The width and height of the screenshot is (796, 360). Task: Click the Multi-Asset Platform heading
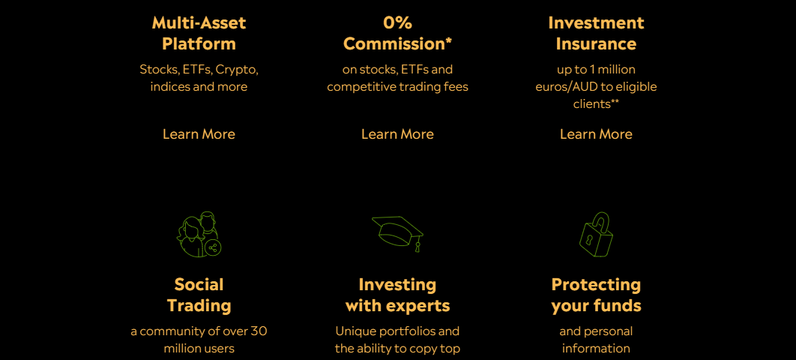tap(199, 33)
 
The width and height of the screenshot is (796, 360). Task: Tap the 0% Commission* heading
tap(397, 33)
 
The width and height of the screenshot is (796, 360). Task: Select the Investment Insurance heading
tap(596, 33)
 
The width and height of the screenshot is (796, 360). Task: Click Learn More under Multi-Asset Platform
tap(199, 134)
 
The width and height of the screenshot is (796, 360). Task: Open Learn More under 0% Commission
tap(397, 134)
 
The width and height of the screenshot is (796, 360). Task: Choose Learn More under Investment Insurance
tap(596, 134)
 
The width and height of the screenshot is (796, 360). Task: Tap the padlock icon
tap(596, 235)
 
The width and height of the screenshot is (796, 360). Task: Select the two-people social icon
tap(199, 234)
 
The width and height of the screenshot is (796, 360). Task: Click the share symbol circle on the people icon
tap(213, 248)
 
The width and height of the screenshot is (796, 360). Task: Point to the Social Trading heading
tap(199, 295)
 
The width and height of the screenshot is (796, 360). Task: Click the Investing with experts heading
tap(397, 295)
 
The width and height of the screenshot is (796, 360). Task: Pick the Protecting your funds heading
tap(596, 295)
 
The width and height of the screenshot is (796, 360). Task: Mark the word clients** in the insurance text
tap(596, 104)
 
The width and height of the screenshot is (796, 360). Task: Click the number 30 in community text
tap(259, 331)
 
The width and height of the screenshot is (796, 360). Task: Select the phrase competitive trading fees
tap(397, 87)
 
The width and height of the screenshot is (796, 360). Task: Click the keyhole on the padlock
tap(590, 238)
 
